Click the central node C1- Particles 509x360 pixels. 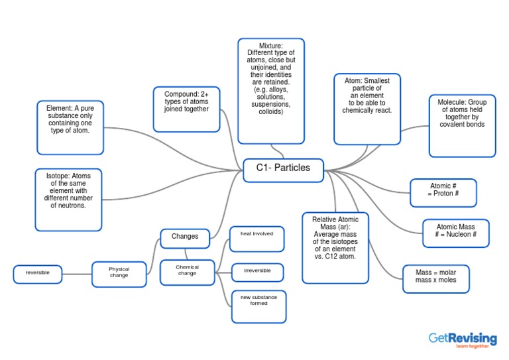pyautogui.click(x=283, y=169)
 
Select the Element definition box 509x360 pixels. pyautogui.click(x=70, y=127)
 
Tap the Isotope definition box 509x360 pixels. pyautogui.click(x=68, y=199)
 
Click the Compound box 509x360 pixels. pyautogui.click(x=186, y=109)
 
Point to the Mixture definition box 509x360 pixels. pyautogui.click(x=271, y=90)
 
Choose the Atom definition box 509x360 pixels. pyautogui.click(x=367, y=109)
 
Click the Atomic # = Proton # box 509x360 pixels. pyautogui.click(x=443, y=192)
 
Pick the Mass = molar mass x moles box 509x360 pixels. pyautogui.click(x=435, y=280)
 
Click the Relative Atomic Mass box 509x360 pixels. pyautogui.click(x=335, y=247)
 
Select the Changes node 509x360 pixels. pyautogui.click(x=185, y=237)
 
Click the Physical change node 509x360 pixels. pyautogui.click(x=119, y=273)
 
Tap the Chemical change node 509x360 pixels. pyautogui.click(x=187, y=271)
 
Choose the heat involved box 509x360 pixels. pyautogui.click(x=256, y=239)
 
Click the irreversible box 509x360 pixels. pyautogui.click(x=257, y=272)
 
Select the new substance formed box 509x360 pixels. pyautogui.click(x=258, y=306)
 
